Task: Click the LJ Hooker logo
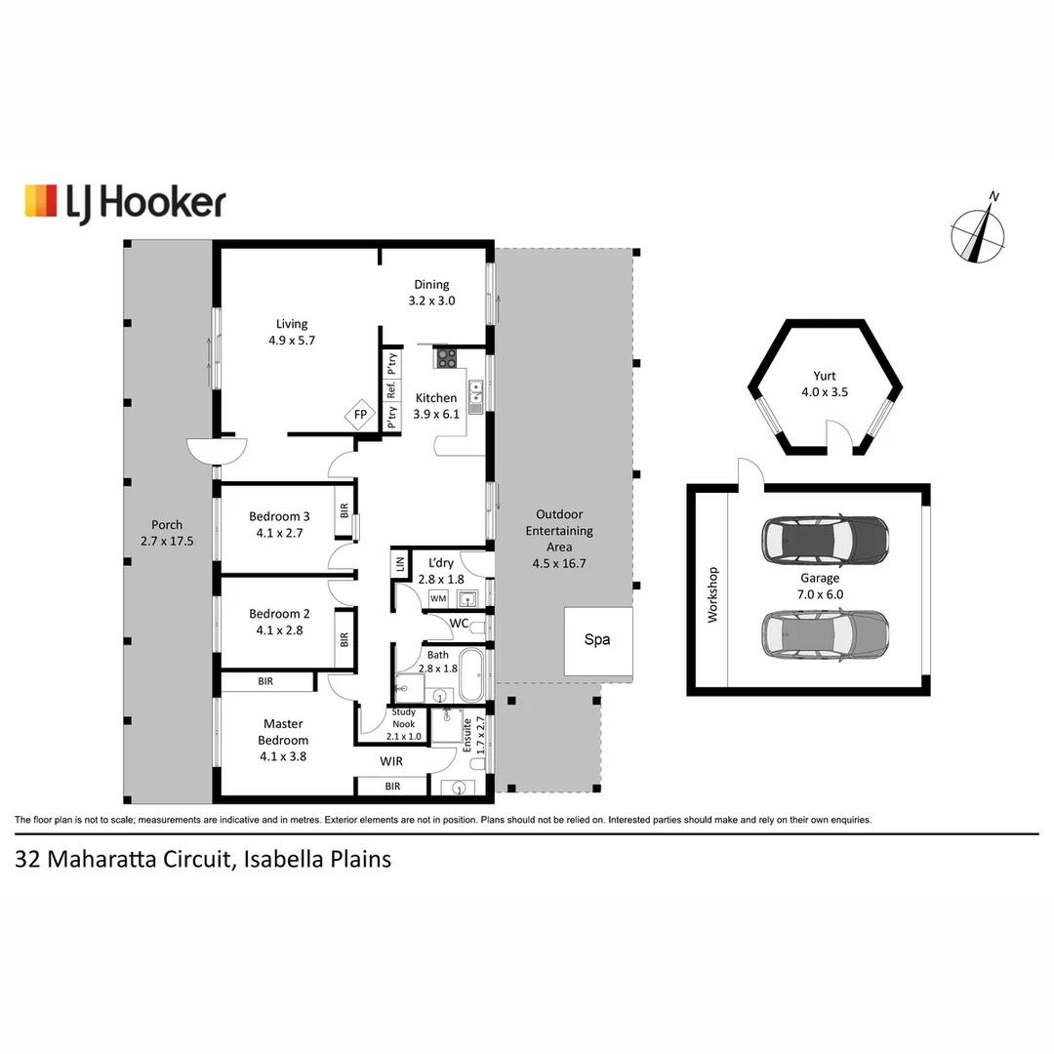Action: point(125,202)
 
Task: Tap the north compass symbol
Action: point(979,231)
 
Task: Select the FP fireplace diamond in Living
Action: point(360,414)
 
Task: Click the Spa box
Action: point(596,640)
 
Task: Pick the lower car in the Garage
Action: point(825,634)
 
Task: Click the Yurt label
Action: point(824,375)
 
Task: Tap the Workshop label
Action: point(712,595)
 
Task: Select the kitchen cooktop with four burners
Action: point(446,358)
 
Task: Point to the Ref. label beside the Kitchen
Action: point(391,390)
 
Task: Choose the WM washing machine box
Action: point(438,597)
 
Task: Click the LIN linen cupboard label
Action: point(400,564)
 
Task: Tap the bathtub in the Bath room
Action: point(470,676)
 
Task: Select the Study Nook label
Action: point(404,717)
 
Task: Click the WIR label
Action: point(391,760)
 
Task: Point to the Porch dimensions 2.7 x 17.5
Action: point(167,539)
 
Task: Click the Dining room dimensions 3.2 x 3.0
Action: point(431,301)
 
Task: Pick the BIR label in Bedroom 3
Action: point(344,510)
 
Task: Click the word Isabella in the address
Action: point(282,860)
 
